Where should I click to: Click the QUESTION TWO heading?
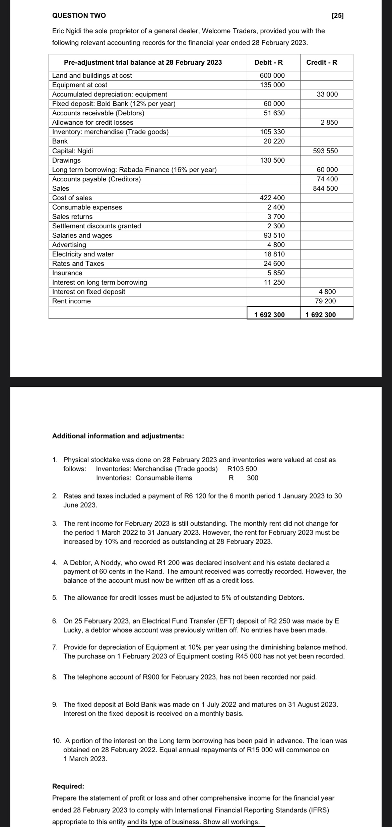[79, 15]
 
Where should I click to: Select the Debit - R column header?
[268, 62]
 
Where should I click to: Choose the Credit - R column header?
[322, 62]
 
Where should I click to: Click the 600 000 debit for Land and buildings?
[272, 75]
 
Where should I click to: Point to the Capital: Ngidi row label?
[73, 151]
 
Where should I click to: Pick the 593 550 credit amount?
[325, 151]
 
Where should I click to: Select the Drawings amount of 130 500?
[272, 160]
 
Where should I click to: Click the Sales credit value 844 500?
[325, 188]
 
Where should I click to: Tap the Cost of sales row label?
[72, 198]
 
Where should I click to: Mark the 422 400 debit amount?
[272, 198]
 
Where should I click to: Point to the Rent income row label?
[71, 301]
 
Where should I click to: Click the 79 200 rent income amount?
[325, 301]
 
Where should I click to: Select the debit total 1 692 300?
[270, 314]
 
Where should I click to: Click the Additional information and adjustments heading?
[118, 436]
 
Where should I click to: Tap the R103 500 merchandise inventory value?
[242, 469]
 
